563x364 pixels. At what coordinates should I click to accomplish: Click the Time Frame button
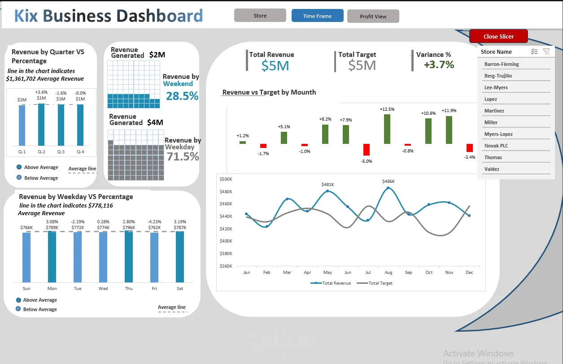click(x=317, y=16)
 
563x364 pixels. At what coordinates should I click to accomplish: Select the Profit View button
click(x=373, y=16)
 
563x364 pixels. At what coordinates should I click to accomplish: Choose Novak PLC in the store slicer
click(x=496, y=146)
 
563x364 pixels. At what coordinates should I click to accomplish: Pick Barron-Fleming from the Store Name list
click(x=502, y=64)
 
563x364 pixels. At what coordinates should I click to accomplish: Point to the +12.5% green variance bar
click(x=387, y=129)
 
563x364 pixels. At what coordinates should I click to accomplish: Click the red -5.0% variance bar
click(x=367, y=150)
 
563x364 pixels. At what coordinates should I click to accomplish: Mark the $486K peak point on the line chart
click(x=388, y=188)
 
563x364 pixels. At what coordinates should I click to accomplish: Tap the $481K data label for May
click(x=327, y=184)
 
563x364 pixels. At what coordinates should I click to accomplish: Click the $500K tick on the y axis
click(x=226, y=179)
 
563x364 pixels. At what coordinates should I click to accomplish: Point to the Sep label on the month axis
click(x=408, y=272)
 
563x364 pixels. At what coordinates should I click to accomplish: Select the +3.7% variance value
click(x=439, y=65)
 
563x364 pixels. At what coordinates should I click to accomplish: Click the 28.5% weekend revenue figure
click(x=182, y=96)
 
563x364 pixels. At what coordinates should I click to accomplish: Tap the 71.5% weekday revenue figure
click(x=183, y=156)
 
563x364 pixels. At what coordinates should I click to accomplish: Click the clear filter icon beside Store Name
click(x=546, y=52)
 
